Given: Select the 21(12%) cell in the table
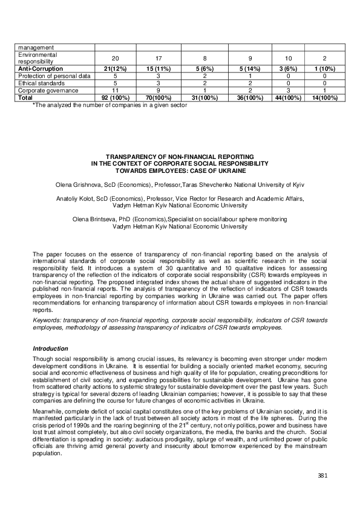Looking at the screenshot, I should [115, 69].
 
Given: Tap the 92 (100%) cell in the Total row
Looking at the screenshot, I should [115, 97].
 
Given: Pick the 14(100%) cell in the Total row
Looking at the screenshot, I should [321, 97].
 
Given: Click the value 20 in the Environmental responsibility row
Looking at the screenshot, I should [115, 57].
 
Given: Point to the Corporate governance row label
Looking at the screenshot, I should [48, 89].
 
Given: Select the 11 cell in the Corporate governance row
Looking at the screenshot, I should [115, 89].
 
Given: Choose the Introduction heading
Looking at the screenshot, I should [50, 348].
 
